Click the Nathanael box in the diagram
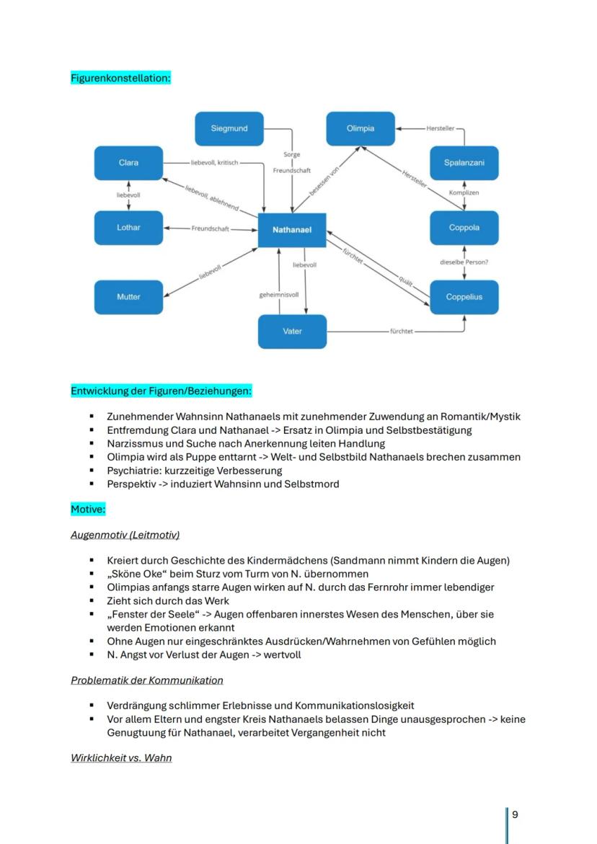292,230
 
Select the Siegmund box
229,128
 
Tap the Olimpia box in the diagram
361,128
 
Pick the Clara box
128,163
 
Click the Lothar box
128,228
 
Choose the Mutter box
128,297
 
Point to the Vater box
292,332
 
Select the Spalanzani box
464,163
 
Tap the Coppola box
464,228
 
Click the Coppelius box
464,297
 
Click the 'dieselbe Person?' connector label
464,262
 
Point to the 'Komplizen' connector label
464,193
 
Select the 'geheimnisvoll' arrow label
279,295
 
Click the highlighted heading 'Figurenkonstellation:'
120,78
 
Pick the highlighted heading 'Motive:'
88,510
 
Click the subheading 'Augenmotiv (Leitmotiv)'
125,535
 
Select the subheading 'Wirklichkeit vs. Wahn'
121,758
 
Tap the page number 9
515,814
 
